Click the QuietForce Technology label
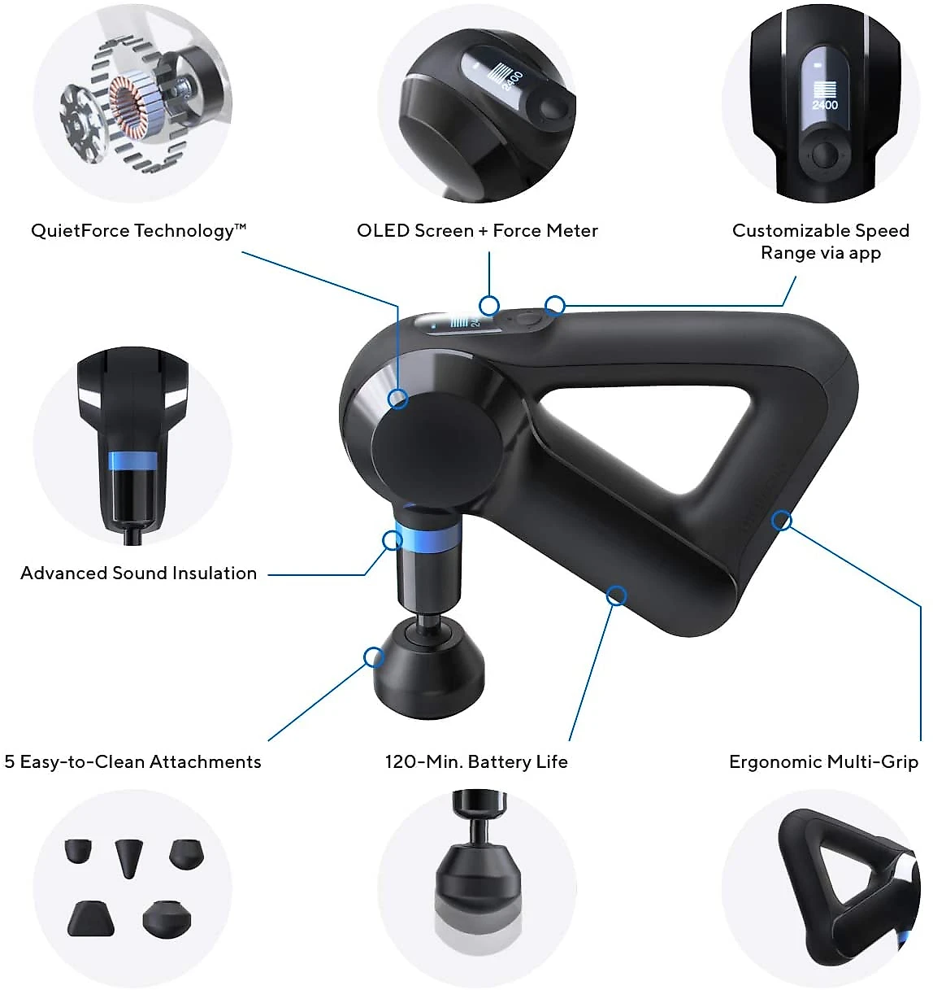138,231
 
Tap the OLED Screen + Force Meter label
477,231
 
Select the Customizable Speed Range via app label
821,242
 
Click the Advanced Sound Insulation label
138,574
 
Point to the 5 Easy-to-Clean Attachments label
132,762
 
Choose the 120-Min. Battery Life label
476,761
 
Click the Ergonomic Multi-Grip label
823,762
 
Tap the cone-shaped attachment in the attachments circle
128,858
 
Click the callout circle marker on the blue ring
392,540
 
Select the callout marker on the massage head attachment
374,657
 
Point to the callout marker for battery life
617,595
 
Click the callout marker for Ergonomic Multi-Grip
782,521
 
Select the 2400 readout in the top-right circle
825,105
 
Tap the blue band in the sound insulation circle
132,461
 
